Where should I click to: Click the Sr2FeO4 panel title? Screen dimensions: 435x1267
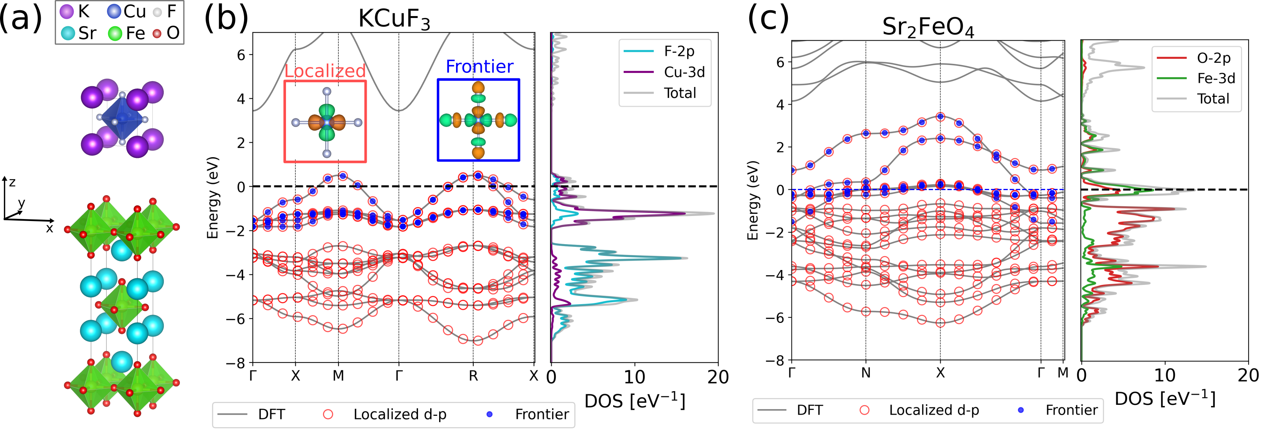pos(928,27)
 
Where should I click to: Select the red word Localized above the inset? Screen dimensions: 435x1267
pos(325,71)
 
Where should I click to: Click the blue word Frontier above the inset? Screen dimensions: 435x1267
pos(480,67)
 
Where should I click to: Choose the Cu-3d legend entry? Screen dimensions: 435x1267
pos(684,72)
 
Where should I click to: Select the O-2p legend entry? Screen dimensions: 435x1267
pos(1213,58)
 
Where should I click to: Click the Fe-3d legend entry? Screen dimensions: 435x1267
pos(1216,78)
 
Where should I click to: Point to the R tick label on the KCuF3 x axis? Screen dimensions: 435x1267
pos(473,376)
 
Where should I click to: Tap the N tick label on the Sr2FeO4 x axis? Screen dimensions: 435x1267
pos(866,373)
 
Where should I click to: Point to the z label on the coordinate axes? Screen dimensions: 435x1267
pos(12,182)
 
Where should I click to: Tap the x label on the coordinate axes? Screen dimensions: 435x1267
pos(49,228)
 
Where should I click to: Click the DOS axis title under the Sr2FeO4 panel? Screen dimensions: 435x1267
pos(1165,399)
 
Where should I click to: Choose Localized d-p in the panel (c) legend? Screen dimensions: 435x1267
pos(934,410)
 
